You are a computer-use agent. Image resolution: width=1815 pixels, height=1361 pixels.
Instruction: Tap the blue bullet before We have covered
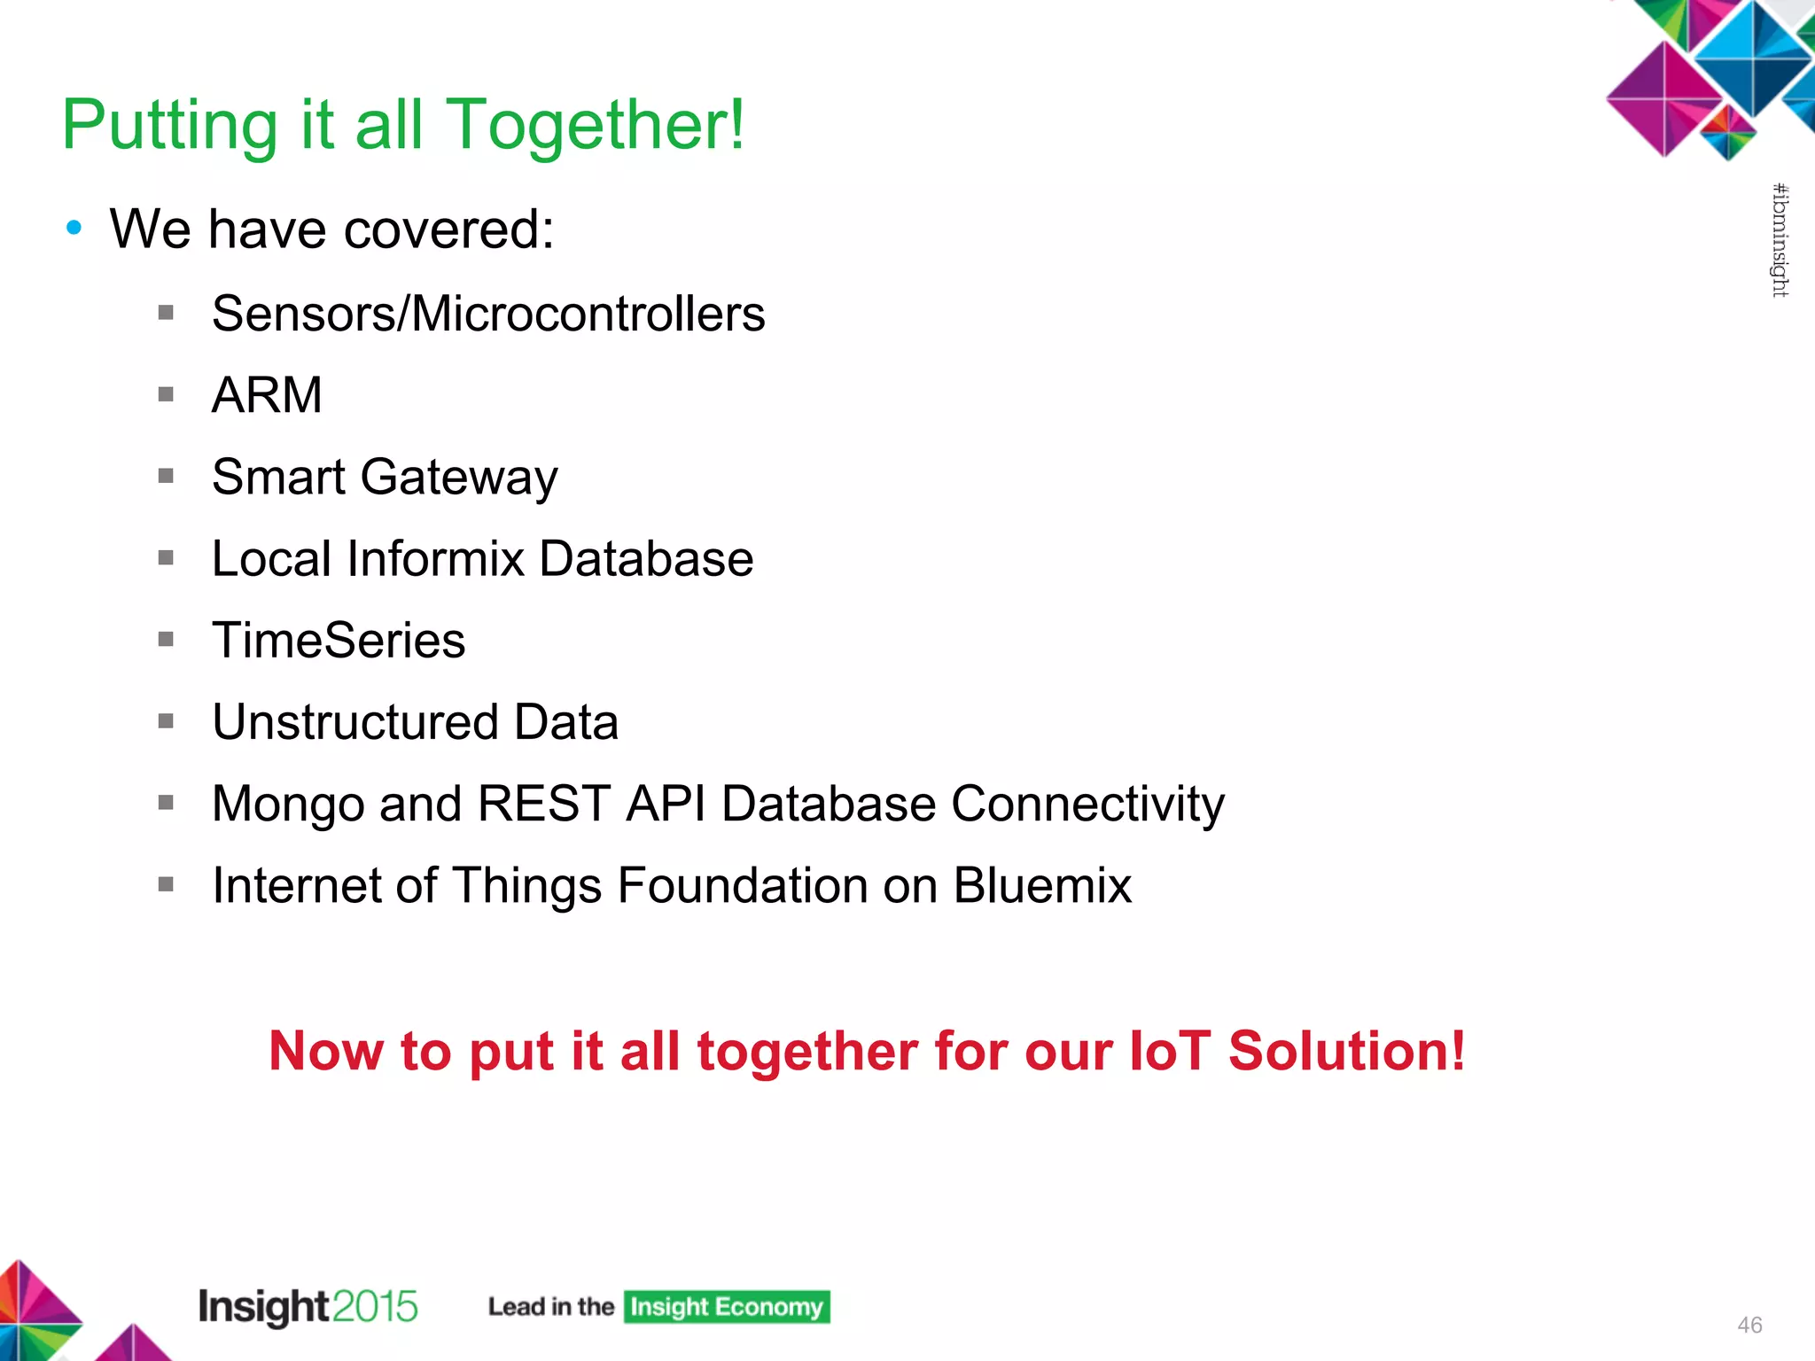(74, 228)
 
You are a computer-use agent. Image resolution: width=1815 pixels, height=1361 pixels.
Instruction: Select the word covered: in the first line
(448, 229)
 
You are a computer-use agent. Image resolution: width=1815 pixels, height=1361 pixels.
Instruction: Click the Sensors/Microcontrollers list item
(488, 314)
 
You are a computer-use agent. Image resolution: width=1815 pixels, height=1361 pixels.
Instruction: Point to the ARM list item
(267, 394)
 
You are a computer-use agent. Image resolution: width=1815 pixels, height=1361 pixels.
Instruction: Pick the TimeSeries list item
(339, 641)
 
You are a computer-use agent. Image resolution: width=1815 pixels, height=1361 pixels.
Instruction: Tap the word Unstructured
(355, 722)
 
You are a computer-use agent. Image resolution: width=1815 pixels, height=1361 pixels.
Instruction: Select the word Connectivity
(1087, 804)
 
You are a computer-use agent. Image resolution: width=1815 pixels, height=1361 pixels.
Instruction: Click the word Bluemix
(1042, 885)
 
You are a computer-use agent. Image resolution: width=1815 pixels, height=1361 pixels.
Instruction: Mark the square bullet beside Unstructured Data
(166, 721)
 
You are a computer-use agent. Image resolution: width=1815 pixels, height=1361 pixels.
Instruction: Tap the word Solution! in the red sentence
(1346, 1051)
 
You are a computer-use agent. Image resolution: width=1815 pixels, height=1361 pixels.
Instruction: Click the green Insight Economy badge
(727, 1307)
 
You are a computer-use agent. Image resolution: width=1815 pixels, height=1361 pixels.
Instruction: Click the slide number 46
(1749, 1325)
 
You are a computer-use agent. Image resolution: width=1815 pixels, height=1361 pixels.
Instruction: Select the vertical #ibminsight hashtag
(1780, 240)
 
